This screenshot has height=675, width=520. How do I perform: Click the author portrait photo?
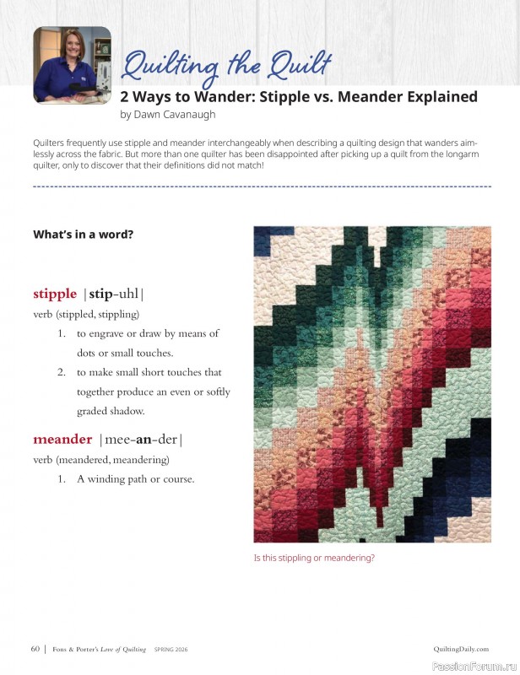point(72,65)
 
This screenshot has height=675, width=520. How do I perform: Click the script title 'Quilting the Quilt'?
point(227,67)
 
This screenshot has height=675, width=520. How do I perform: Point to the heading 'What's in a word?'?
point(83,235)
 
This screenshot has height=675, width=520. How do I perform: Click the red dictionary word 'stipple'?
point(55,294)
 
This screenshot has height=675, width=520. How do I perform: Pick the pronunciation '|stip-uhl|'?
point(114,294)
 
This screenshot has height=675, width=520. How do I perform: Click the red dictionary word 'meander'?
point(62,440)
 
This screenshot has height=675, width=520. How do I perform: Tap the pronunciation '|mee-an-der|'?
point(140,440)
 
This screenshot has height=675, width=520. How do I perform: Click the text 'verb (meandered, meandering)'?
point(100,460)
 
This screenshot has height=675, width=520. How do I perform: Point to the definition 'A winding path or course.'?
point(136,479)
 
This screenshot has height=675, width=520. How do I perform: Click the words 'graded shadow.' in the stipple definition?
point(111,411)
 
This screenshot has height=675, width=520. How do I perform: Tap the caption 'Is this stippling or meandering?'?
point(314,558)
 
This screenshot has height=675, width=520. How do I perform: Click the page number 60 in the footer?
point(35,649)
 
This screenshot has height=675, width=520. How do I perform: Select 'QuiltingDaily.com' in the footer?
point(461,649)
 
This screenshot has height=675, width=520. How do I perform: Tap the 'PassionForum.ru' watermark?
point(474,665)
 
